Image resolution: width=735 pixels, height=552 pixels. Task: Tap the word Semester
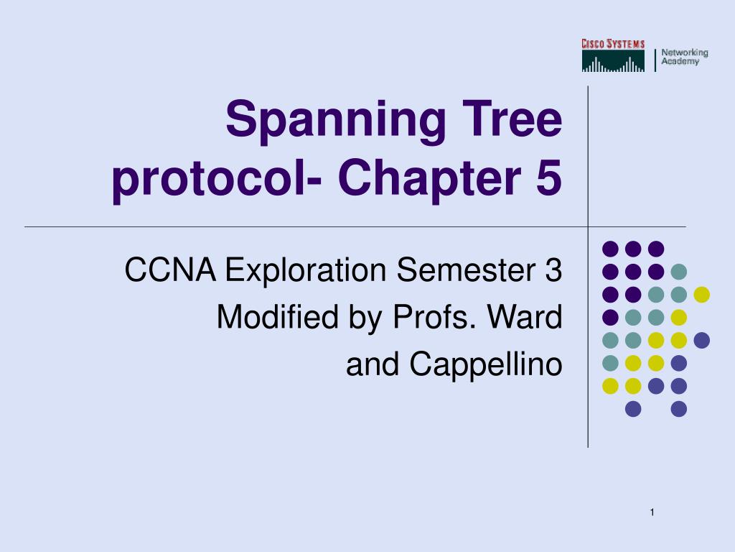click(x=467, y=271)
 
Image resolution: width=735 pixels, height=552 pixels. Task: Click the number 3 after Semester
click(x=553, y=271)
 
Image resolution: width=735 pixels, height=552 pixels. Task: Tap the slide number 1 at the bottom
click(x=652, y=512)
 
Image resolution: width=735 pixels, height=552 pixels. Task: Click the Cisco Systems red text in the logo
click(x=613, y=45)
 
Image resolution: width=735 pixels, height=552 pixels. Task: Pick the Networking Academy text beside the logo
click(x=684, y=57)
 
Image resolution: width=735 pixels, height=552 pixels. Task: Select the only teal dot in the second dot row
click(x=678, y=272)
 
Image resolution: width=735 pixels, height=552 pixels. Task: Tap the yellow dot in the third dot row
click(x=701, y=295)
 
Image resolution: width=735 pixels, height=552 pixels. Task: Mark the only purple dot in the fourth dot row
click(x=610, y=317)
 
